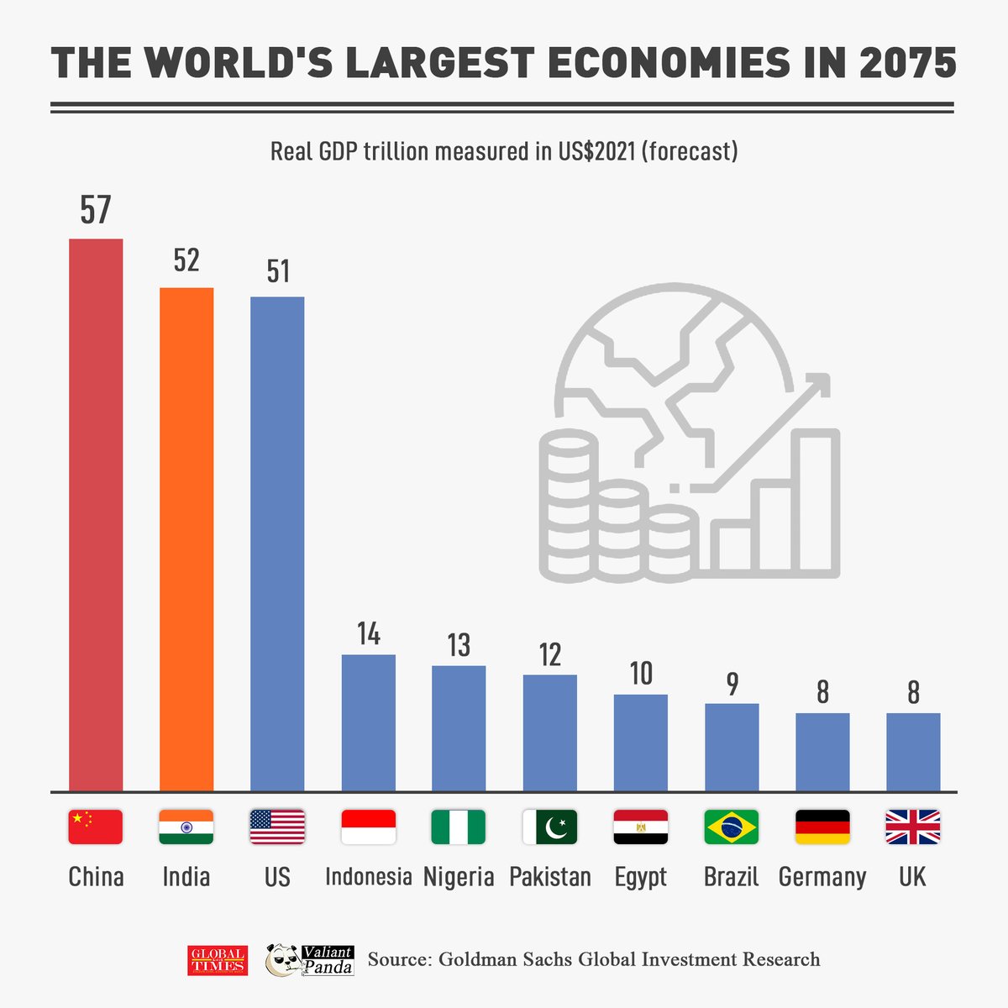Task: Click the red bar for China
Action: point(96,514)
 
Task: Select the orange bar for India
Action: point(186,538)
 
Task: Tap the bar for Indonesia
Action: point(368,722)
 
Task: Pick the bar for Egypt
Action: point(641,743)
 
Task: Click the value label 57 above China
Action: point(96,210)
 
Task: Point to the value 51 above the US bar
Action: point(277,271)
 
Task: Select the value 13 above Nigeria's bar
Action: point(459,645)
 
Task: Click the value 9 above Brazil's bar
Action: point(732,684)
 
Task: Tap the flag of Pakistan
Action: point(550,827)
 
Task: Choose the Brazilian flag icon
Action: point(732,827)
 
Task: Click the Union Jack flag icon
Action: point(913,827)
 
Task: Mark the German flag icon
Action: point(822,827)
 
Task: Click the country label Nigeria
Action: point(459,877)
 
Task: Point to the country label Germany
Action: point(822,877)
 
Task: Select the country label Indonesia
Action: point(368,877)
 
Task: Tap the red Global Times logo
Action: point(218,960)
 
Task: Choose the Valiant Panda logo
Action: point(309,959)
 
